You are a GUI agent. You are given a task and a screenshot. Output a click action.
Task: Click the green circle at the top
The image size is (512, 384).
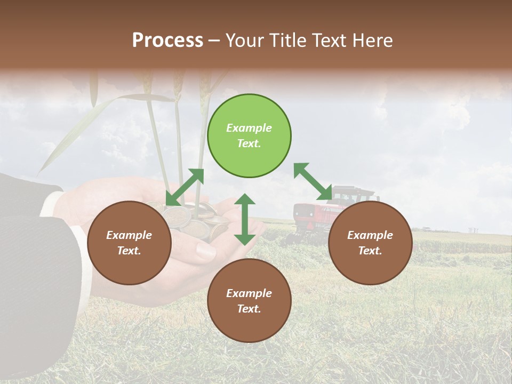coord(249,136)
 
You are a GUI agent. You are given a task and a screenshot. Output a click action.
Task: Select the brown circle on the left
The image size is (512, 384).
coord(129,243)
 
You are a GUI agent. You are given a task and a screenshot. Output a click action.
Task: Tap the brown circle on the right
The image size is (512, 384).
coord(370,243)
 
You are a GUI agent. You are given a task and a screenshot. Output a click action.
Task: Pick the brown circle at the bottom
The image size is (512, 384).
coord(249,301)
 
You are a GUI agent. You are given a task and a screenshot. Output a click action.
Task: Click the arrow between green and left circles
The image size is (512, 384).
coord(185,187)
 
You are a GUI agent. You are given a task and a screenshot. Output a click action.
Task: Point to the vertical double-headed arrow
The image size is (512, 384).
coord(245,219)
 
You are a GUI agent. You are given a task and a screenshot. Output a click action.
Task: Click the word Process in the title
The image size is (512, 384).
coord(167,40)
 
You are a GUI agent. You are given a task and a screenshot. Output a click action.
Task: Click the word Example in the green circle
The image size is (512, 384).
coord(249,128)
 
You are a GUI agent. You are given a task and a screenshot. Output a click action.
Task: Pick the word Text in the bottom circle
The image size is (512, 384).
coord(248,309)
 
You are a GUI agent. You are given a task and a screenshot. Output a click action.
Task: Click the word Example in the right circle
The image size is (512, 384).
coord(370,235)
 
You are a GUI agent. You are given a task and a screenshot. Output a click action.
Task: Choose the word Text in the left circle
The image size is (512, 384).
coord(128,251)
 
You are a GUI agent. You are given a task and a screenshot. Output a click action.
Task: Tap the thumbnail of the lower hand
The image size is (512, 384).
coord(205,251)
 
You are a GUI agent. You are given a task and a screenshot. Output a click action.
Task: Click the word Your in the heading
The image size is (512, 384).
coord(243,40)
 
